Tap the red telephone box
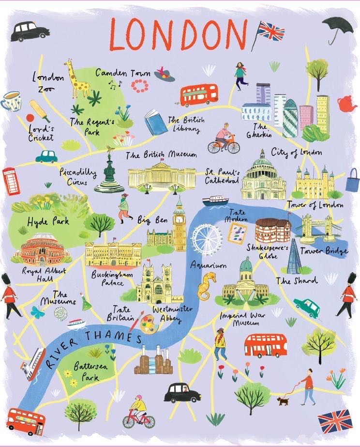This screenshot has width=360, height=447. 10,181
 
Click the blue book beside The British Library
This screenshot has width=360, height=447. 155,122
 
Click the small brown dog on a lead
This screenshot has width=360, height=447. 282,401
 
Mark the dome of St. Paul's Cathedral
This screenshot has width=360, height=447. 264,163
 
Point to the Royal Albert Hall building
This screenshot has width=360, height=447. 43,247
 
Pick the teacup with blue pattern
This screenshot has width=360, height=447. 11,101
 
